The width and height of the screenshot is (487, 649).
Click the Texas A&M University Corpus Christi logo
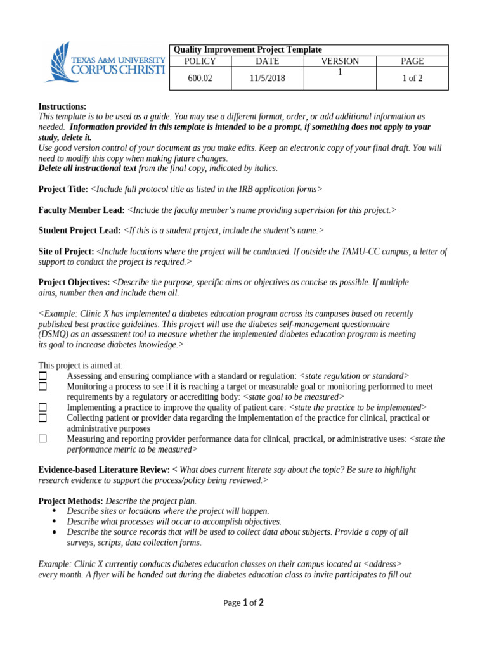(103, 63)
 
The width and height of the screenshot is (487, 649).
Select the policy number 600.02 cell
(200, 79)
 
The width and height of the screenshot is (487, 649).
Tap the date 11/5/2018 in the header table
(267, 79)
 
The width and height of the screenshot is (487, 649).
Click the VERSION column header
(340, 61)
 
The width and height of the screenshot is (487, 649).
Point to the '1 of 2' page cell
(412, 79)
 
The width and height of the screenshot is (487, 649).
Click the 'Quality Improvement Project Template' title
(247, 49)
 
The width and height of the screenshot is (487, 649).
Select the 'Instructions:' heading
(62, 106)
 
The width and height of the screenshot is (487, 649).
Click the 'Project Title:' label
(63, 189)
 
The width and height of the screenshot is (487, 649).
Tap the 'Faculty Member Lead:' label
(81, 210)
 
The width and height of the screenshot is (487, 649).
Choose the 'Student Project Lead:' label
(79, 231)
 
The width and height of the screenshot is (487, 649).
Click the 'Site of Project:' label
(66, 252)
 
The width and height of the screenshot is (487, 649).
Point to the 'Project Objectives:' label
(74, 282)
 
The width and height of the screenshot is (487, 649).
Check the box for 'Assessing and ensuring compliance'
(42, 376)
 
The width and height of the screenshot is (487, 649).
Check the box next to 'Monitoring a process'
(42, 387)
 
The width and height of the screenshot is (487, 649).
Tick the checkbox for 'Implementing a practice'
(42, 408)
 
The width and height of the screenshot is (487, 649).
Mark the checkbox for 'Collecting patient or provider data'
(42, 418)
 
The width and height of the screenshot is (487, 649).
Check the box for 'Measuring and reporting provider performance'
(42, 439)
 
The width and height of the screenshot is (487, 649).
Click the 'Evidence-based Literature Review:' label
(104, 470)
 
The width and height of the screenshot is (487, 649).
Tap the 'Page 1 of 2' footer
(243, 603)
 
